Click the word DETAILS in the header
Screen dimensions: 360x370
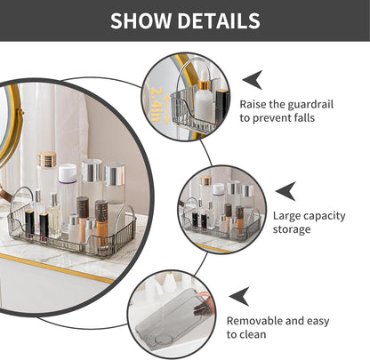(x=216, y=20)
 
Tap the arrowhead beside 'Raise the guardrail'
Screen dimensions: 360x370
(x=252, y=78)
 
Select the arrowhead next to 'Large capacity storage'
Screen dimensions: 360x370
(x=285, y=190)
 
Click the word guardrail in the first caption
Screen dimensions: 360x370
(x=311, y=104)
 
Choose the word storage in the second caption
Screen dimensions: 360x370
(x=293, y=229)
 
